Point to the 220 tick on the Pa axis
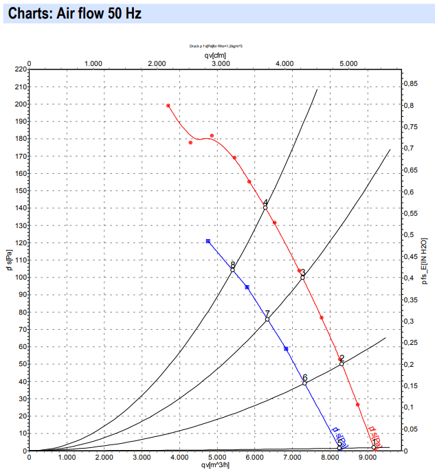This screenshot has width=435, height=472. [x=19, y=69]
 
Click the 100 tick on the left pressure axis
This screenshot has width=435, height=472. [x=19, y=278]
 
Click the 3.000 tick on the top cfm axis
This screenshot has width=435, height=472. [x=221, y=63]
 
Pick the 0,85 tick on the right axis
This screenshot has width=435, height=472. [x=410, y=84]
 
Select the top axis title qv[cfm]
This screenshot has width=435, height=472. [x=215, y=55]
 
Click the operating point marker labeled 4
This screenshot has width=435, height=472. [x=265, y=207]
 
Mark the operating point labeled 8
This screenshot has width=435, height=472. [x=232, y=269]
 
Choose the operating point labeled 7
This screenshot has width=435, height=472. [x=267, y=319]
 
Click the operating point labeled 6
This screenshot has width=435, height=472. [x=304, y=383]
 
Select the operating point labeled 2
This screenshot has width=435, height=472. [x=342, y=363]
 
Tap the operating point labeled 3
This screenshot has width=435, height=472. [x=302, y=278]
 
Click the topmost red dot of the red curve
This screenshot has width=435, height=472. [x=168, y=106]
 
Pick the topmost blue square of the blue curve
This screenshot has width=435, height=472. [x=208, y=241]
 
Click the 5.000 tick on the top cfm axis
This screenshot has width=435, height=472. [x=348, y=63]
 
